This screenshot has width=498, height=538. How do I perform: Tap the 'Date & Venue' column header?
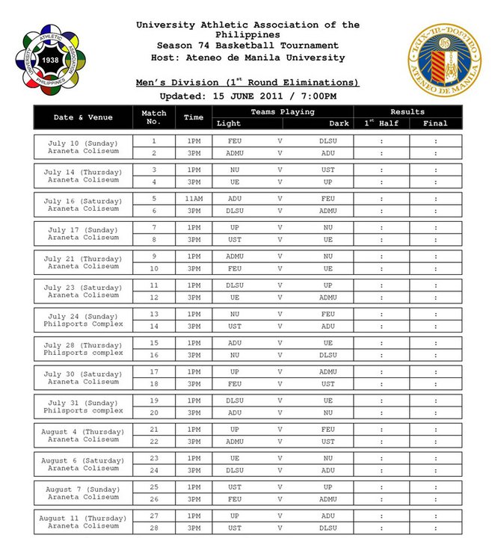click(83, 117)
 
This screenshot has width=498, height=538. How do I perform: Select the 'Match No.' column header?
click(154, 117)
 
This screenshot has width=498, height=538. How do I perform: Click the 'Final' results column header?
click(435, 123)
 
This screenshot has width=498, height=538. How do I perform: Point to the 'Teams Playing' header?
click(282, 111)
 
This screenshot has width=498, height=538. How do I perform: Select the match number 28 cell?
click(154, 528)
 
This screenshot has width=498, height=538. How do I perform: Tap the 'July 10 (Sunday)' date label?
click(83, 142)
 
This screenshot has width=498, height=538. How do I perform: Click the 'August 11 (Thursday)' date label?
click(83, 518)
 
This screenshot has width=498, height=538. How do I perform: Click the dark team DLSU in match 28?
click(328, 528)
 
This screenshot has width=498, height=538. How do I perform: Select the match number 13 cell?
click(154, 315)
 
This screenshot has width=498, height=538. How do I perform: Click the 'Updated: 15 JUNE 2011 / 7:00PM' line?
click(248, 96)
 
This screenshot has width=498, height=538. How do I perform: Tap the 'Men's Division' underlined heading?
click(248, 82)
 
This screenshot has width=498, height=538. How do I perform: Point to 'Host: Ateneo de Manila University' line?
click(248, 58)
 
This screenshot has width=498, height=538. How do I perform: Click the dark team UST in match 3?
click(328, 170)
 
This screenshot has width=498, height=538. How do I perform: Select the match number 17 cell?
click(154, 372)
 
